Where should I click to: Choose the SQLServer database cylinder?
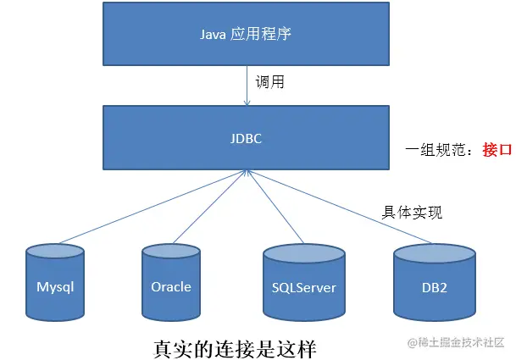303,283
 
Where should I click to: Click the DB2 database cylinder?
434,283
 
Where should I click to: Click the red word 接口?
497,150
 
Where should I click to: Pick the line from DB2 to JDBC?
339,208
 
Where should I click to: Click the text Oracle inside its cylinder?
171,286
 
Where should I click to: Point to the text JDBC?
247,136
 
